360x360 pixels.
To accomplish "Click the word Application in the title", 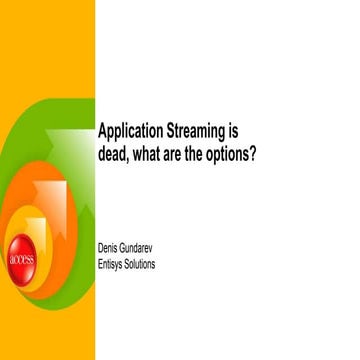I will pyautogui.click(x=130, y=132).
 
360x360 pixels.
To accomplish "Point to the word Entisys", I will pyautogui.click(x=112, y=264).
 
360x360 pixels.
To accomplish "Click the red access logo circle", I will pyautogui.click(x=21, y=258).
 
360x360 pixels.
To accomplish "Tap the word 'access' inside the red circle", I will pyautogui.click(x=21, y=258).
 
